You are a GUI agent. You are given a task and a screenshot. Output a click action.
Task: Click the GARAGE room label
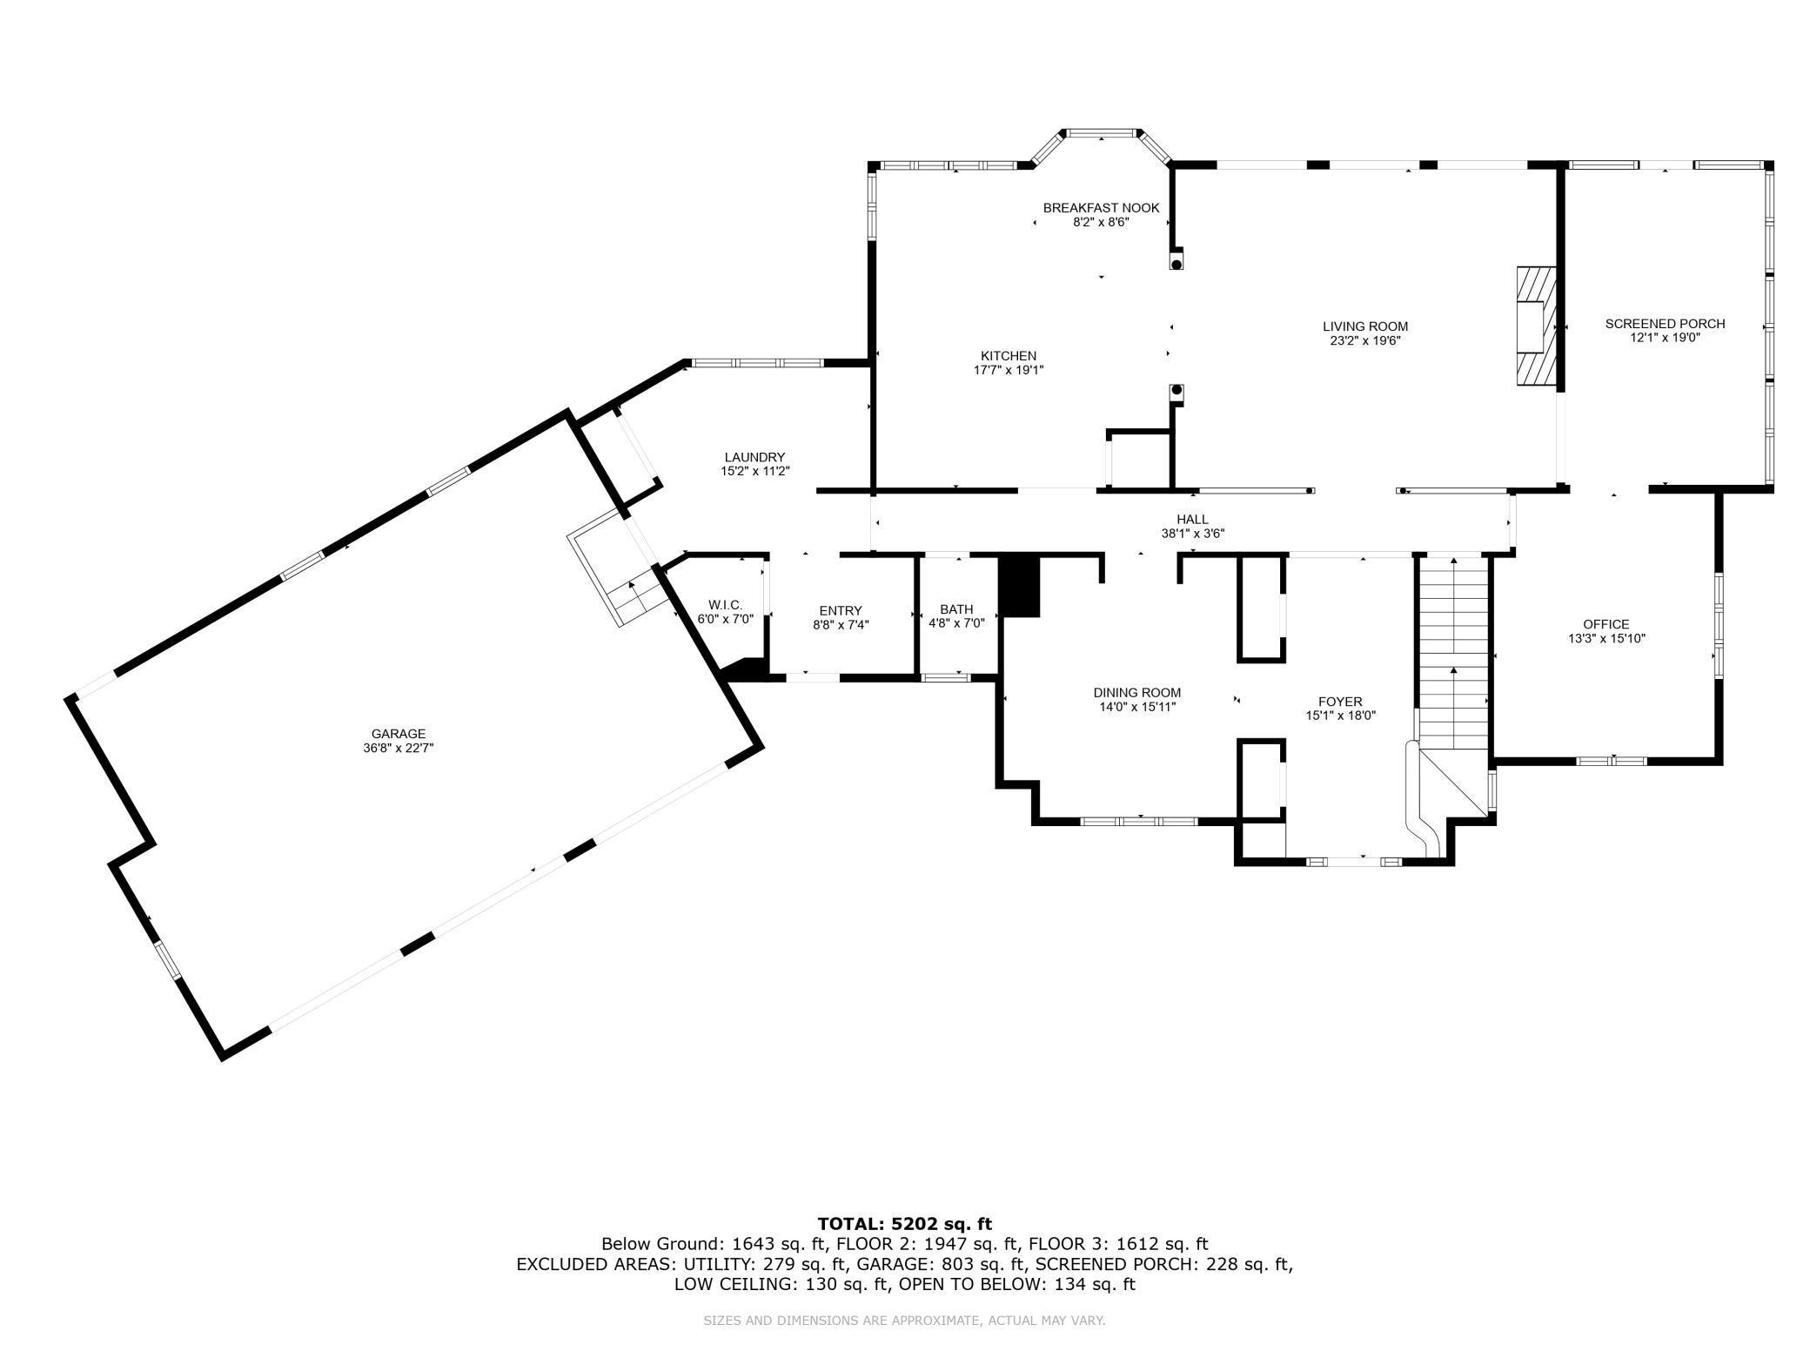[399, 734]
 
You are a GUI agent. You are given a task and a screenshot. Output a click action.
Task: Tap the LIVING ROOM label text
[1364, 326]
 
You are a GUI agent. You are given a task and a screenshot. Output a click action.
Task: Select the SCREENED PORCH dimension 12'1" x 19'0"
[1665, 338]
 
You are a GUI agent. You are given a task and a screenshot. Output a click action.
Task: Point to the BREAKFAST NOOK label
[1101, 207]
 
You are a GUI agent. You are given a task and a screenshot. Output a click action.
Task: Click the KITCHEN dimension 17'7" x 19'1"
[1008, 370]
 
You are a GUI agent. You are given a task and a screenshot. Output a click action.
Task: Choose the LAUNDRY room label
[754, 457]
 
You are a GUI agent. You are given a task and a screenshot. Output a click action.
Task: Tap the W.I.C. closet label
[725, 604]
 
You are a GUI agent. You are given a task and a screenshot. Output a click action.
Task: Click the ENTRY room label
[840, 610]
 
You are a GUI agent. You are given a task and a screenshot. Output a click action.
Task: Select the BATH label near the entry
[956, 609]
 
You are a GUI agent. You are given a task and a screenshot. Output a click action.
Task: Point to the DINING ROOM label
[1136, 693]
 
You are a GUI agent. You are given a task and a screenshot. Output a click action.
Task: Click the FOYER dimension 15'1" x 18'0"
[1340, 716]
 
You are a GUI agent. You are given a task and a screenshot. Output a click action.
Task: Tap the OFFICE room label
[1606, 624]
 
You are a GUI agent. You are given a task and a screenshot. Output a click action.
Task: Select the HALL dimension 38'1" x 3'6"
[1192, 534]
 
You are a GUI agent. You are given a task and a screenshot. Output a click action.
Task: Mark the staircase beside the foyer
[1452, 653]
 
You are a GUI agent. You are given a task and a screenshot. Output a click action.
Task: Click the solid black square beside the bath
[1019, 586]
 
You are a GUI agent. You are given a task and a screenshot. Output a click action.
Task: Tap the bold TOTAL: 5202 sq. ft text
[904, 1224]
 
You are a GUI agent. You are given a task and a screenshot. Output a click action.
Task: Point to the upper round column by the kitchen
[1176, 263]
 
